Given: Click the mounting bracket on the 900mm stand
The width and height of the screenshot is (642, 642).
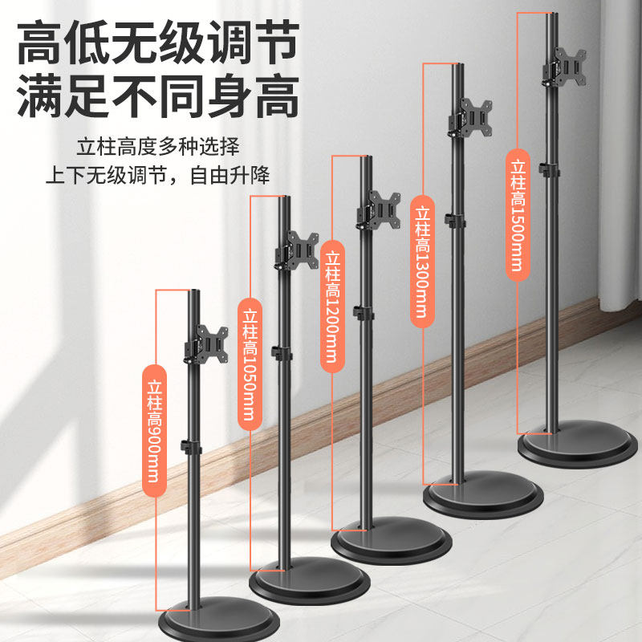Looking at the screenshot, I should pyautogui.click(x=205, y=343).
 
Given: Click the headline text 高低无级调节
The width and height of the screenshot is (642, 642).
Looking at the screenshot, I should pyautogui.click(x=157, y=42).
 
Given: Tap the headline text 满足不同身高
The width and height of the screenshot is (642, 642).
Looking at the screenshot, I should pyautogui.click(x=157, y=97).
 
